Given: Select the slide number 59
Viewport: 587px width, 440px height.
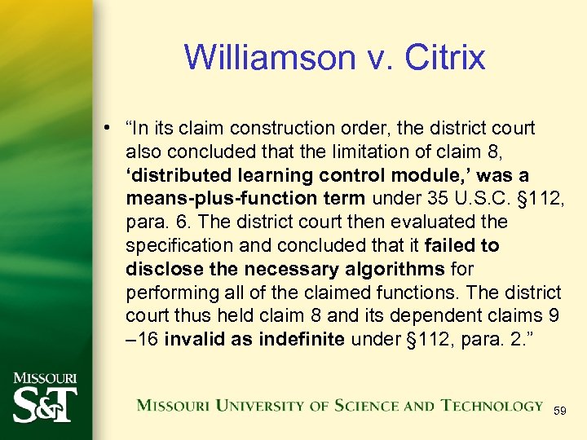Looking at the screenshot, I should (x=560, y=412).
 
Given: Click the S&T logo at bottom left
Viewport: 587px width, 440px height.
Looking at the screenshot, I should (x=45, y=405).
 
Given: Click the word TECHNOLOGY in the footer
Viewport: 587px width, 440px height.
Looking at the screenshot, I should (x=492, y=405).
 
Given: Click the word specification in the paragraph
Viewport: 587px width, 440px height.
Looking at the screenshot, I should (x=174, y=245).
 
